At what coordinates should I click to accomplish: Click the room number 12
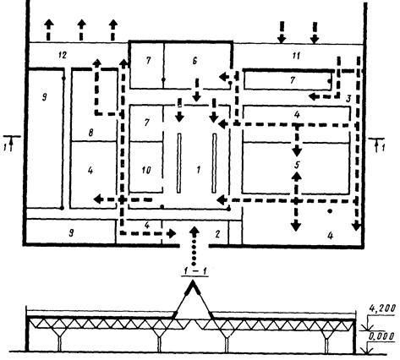(63, 55)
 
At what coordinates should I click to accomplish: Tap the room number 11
(295, 56)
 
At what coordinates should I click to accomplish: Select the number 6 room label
(195, 61)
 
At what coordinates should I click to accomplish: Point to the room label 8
(90, 133)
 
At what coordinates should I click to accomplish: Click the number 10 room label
(146, 170)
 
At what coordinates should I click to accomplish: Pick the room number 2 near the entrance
(217, 234)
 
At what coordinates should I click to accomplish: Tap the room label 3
(348, 99)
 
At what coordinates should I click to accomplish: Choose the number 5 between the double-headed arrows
(297, 165)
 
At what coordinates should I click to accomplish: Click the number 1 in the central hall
(199, 170)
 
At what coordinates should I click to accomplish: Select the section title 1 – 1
(195, 271)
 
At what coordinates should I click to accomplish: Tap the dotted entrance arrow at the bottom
(194, 245)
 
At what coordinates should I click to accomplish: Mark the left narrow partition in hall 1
(179, 163)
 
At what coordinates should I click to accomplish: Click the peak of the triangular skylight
(193, 282)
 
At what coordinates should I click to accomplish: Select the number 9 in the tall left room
(45, 97)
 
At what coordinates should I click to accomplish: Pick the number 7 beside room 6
(149, 61)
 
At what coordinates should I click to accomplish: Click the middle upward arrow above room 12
(81, 30)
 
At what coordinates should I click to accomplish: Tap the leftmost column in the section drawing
(59, 344)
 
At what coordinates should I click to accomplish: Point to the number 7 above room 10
(146, 123)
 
